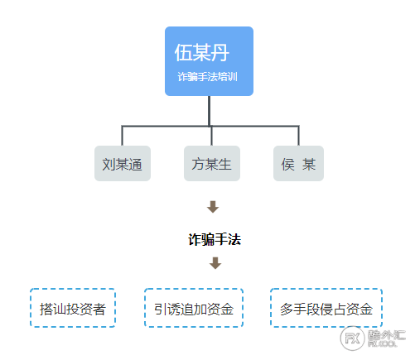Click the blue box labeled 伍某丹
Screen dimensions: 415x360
pyautogui.click(x=209, y=61)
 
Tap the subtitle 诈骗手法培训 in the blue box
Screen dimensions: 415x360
pyautogui.click(x=207, y=77)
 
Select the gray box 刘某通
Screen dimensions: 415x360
pyautogui.click(x=123, y=163)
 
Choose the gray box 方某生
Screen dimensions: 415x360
pyautogui.click(x=212, y=163)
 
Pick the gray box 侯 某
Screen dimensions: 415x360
pyautogui.click(x=298, y=163)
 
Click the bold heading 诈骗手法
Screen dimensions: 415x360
pyautogui.click(x=215, y=239)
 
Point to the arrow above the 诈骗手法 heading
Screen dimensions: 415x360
pyautogui.click(x=213, y=207)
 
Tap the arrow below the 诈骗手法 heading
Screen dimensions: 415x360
pyautogui.click(x=215, y=263)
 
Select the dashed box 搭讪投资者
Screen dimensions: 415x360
pyautogui.click(x=73, y=308)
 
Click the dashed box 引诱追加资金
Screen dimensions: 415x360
pyautogui.click(x=194, y=308)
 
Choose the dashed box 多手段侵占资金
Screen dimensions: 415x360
pyautogui.click(x=326, y=308)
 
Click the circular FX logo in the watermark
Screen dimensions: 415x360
pyautogui.click(x=353, y=338)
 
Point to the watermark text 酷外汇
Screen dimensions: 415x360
pyautogui.click(x=387, y=335)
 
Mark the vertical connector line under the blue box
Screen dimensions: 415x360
pyautogui.click(x=209, y=111)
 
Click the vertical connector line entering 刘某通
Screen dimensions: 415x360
pyautogui.click(x=122, y=136)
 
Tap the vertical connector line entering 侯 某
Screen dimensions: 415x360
pyautogui.click(x=298, y=136)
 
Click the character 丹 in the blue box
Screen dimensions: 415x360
pyautogui.click(x=220, y=53)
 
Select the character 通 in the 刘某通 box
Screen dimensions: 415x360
pyautogui.click(x=135, y=165)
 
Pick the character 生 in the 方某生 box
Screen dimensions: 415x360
pyautogui.click(x=224, y=164)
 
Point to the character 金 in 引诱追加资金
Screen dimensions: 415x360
pyautogui.click(x=227, y=309)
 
